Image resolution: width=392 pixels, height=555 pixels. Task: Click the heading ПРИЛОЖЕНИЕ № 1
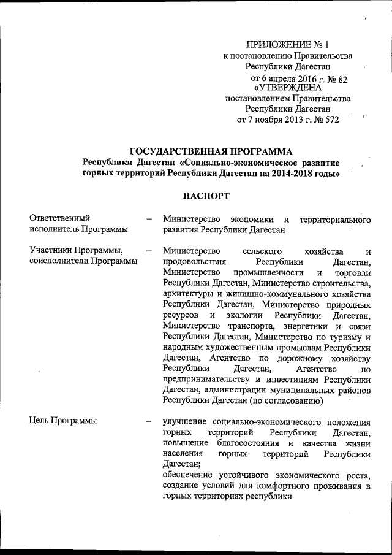[x=287, y=44]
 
